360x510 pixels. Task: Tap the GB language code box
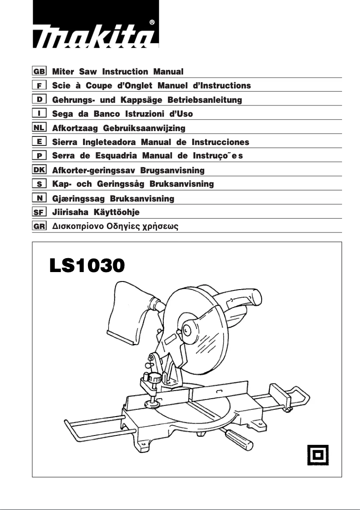40,71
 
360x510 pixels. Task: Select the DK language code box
40,170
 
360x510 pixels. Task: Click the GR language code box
40,226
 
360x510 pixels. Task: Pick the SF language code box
40,212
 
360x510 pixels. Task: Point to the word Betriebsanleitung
205,100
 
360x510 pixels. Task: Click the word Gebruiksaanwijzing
144,128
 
